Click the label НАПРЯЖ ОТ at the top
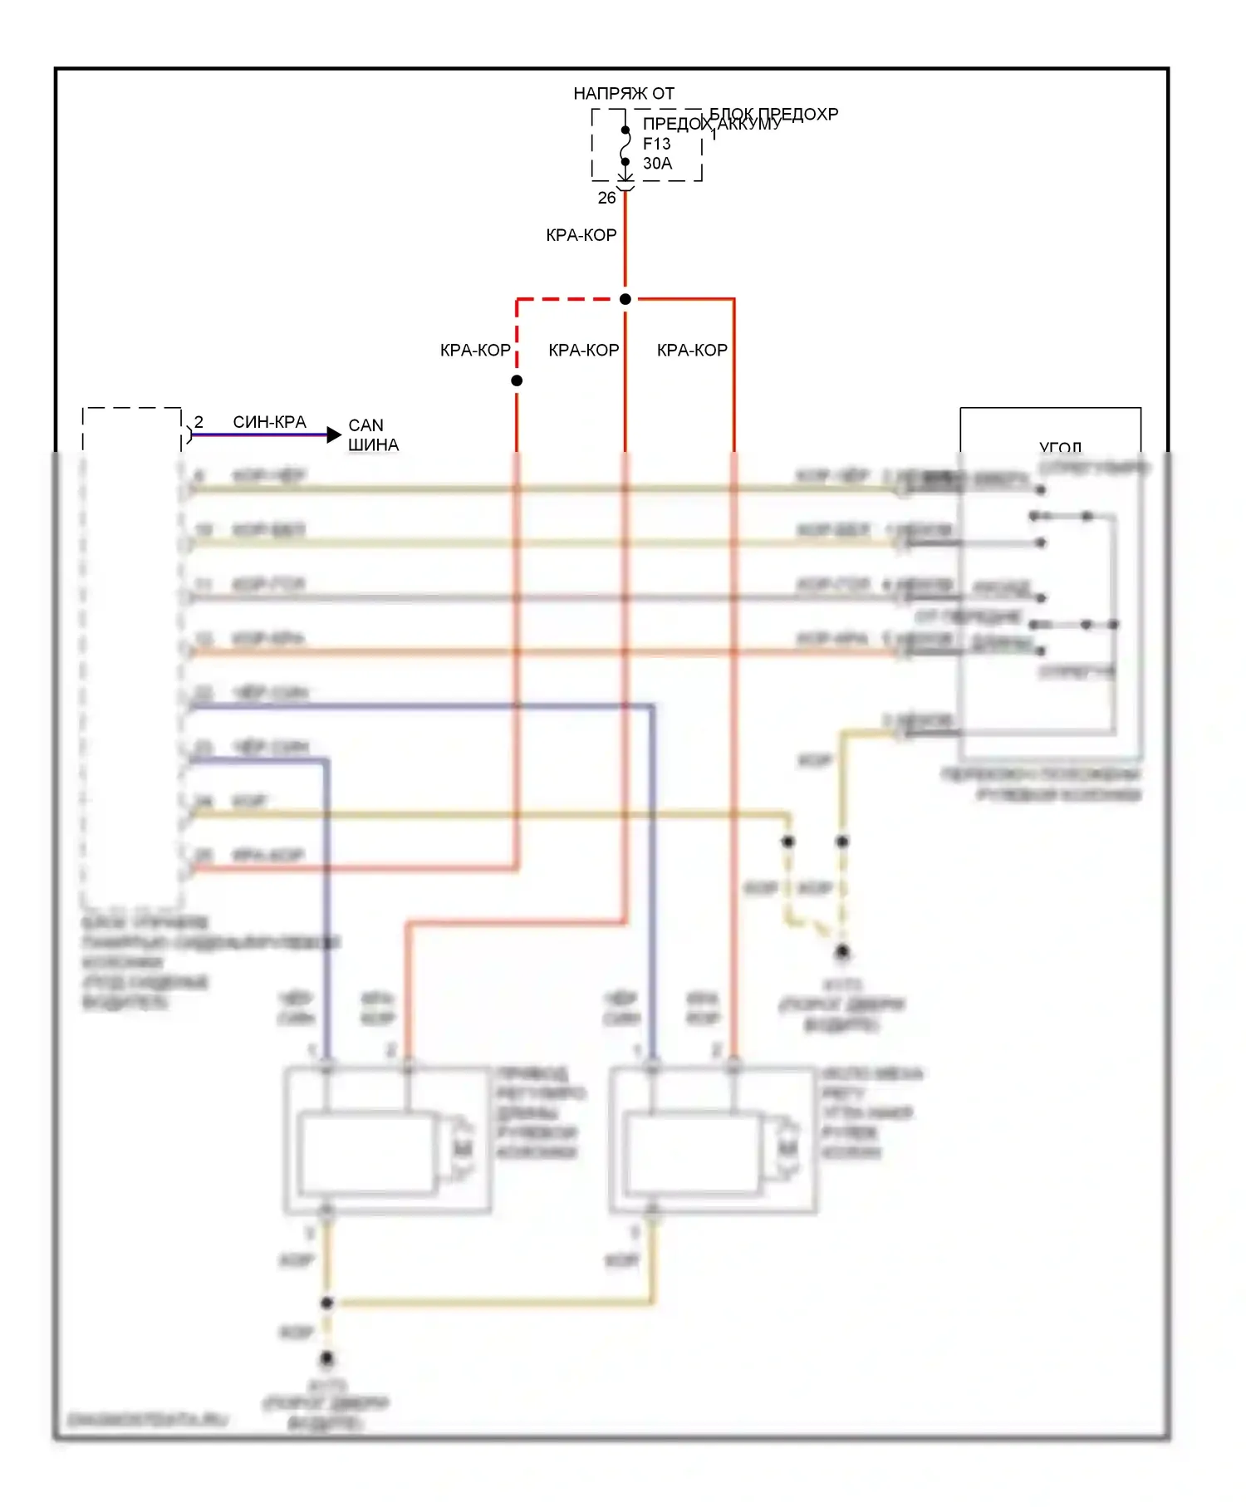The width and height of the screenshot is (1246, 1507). pyautogui.click(x=624, y=93)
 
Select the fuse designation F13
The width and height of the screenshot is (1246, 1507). pyautogui.click(x=656, y=144)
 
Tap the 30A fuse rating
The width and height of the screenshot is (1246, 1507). pyautogui.click(x=657, y=164)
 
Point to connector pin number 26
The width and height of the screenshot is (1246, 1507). pyautogui.click(x=607, y=198)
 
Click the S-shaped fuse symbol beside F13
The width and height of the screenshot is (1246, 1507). pyautogui.click(x=625, y=146)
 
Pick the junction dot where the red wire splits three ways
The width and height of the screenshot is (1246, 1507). pyautogui.click(x=625, y=299)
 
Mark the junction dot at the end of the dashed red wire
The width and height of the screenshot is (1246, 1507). pyautogui.click(x=517, y=380)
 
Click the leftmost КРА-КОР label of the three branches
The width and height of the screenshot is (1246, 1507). pyautogui.click(x=475, y=351)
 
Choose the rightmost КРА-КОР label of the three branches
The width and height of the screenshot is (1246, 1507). pyautogui.click(x=692, y=351)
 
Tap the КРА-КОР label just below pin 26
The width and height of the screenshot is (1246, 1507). pyautogui.click(x=581, y=235)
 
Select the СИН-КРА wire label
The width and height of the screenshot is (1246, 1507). pyautogui.click(x=269, y=422)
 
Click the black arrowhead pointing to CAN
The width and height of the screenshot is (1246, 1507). pyautogui.click(x=334, y=434)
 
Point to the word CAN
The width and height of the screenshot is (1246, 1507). pyautogui.click(x=365, y=425)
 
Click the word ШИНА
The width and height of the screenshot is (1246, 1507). pyautogui.click(x=373, y=445)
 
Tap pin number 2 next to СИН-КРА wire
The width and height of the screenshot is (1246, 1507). pyautogui.click(x=199, y=422)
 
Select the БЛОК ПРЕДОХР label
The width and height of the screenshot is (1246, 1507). pyautogui.click(x=773, y=114)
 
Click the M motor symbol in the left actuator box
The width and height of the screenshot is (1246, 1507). pyautogui.click(x=462, y=1149)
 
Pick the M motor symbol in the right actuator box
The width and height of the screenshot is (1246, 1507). pyautogui.click(x=787, y=1149)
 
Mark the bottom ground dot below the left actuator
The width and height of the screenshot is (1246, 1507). pyautogui.click(x=327, y=1358)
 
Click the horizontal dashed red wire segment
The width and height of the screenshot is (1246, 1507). pyautogui.click(x=570, y=299)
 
